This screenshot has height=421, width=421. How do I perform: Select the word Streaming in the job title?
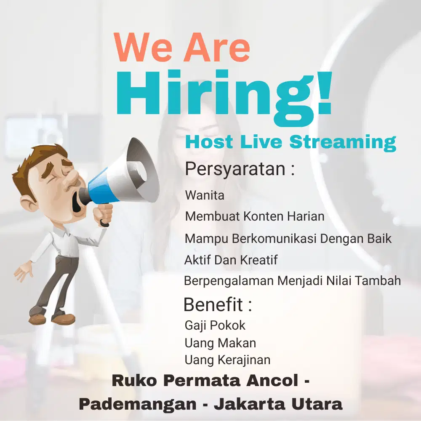[x=343, y=142]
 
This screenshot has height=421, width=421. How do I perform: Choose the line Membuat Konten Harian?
[x=255, y=216]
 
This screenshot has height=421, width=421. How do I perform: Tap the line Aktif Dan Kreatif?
[x=231, y=260]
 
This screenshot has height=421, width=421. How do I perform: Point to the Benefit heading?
[x=218, y=304]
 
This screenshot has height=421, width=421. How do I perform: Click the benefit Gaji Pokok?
[x=215, y=325]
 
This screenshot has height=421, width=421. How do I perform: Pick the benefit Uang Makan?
[x=220, y=343]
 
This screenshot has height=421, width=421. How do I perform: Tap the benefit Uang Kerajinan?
[x=227, y=360]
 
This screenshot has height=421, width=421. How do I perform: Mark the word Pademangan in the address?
[x=137, y=405]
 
